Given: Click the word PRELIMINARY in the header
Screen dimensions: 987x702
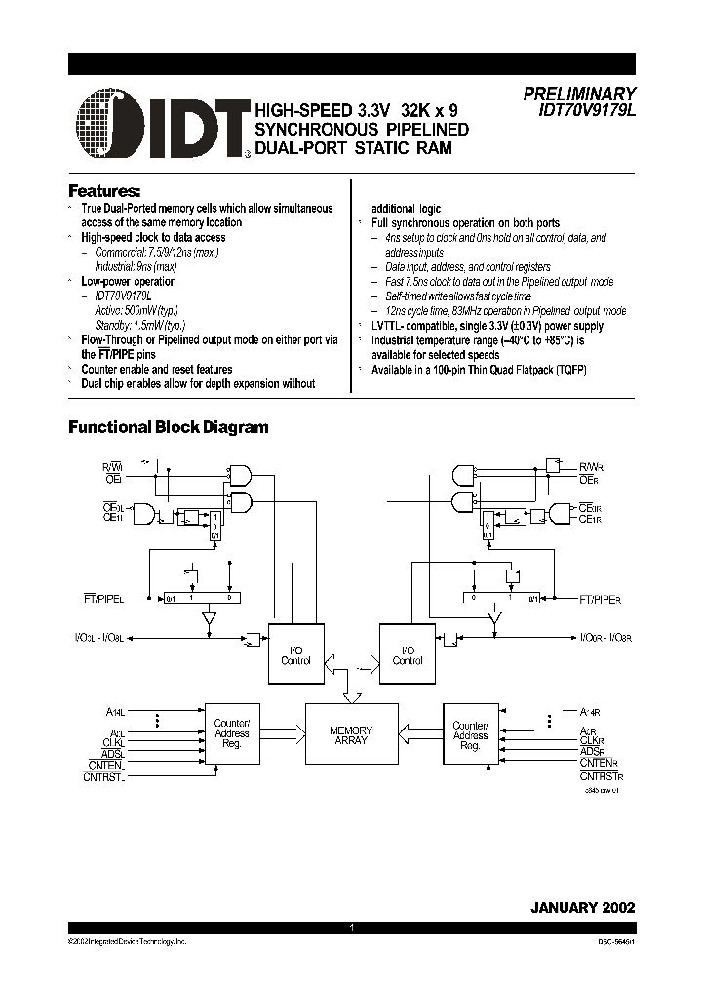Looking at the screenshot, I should coord(579,94).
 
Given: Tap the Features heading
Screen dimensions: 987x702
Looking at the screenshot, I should coord(104,189).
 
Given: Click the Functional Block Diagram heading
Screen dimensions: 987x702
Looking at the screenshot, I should coord(168,427).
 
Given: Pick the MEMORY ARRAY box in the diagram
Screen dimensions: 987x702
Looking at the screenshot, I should coord(351,735).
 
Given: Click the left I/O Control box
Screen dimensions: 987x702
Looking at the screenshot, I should coord(295,655).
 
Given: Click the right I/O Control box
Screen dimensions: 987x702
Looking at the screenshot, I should coord(408,655).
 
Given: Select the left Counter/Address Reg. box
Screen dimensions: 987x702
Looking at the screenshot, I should coord(232,733).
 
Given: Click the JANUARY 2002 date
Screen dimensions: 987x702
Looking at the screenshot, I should coord(582,906).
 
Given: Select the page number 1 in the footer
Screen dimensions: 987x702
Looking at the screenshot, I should coord(350,928).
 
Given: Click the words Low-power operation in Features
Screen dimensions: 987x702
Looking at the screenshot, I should coord(129,281).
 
